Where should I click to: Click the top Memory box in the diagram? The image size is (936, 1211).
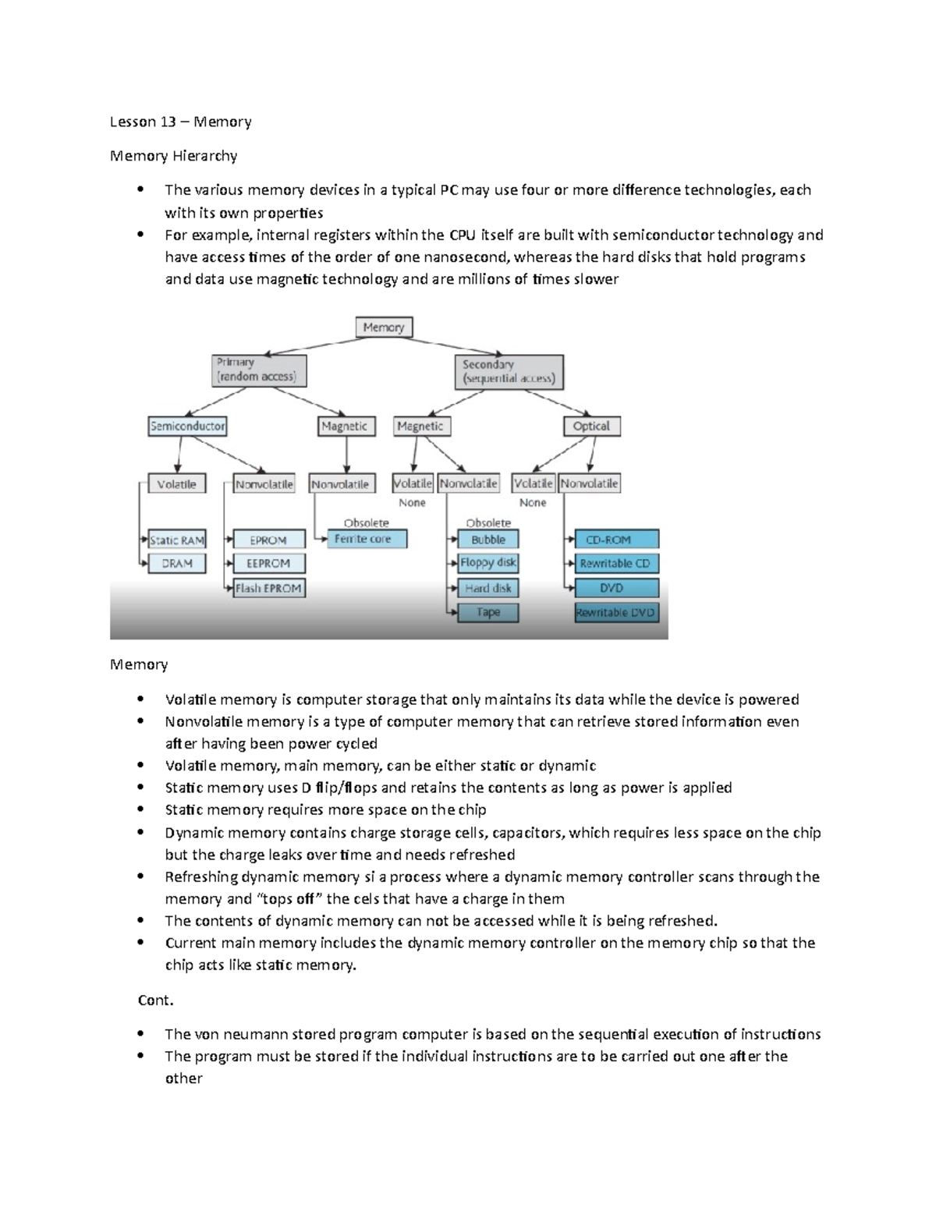pyautogui.click(x=384, y=328)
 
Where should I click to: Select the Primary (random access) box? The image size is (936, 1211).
pyautogui.click(x=259, y=370)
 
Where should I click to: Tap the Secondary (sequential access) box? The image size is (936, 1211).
pyautogui.click(x=509, y=372)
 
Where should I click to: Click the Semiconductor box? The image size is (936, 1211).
pyautogui.click(x=187, y=427)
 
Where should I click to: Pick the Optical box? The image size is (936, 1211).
pyautogui.click(x=591, y=427)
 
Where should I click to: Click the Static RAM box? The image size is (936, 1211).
pyautogui.click(x=177, y=540)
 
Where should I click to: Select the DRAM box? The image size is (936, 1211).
pyautogui.click(x=177, y=563)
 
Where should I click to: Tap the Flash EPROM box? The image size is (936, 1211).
pyautogui.click(x=268, y=588)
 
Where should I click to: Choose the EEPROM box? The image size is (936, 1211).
pyautogui.click(x=268, y=563)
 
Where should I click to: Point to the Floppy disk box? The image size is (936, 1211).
pyautogui.click(x=488, y=563)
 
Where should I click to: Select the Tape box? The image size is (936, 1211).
pyautogui.click(x=488, y=612)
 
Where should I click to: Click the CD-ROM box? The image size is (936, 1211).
pyautogui.click(x=616, y=540)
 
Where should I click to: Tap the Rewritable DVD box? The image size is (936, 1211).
pyautogui.click(x=616, y=613)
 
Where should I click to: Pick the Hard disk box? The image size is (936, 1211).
pyautogui.click(x=488, y=588)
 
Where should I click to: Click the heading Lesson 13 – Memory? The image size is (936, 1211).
pyautogui.click(x=180, y=122)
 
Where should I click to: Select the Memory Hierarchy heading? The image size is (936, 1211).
pyautogui.click(x=173, y=156)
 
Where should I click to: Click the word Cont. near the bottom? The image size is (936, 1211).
pyautogui.click(x=155, y=1000)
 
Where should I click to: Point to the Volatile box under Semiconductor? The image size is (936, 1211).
pyautogui.click(x=177, y=484)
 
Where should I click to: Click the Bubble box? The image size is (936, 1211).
pyautogui.click(x=488, y=540)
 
